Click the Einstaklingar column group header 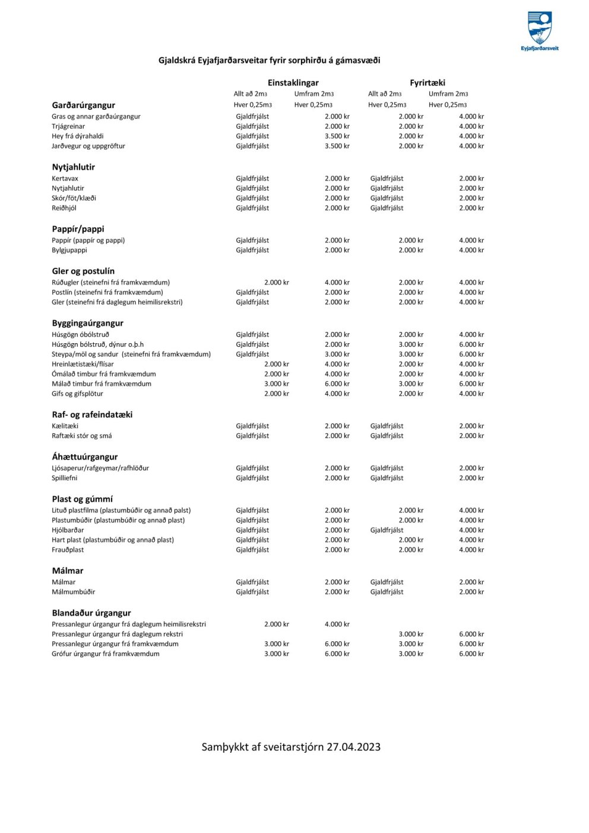293,83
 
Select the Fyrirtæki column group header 427,83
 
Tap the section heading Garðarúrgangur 83,105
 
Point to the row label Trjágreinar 68,126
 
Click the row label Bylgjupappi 69,251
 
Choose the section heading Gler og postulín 83,271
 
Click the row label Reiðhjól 64,208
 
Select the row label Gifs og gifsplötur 77,394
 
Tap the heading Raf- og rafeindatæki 92,415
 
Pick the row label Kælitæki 65,426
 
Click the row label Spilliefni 64,478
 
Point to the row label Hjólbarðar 68,530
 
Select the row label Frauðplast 68,550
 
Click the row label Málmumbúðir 73,592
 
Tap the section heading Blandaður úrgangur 91,613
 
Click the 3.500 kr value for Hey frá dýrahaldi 337,137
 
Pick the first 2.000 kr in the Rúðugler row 276,283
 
